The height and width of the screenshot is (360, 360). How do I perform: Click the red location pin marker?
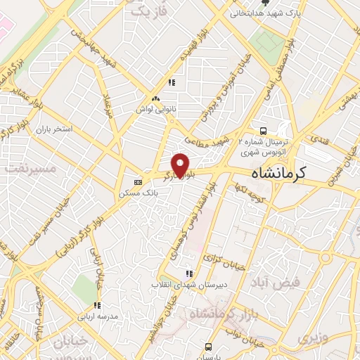181,165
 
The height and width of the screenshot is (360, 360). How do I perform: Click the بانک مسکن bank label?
136,193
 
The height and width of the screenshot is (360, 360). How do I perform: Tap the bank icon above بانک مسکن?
138,181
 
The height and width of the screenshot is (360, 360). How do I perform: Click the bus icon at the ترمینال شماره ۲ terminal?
263,131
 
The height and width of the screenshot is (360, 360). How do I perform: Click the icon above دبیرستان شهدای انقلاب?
188,274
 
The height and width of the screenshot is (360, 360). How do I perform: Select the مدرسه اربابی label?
94,316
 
